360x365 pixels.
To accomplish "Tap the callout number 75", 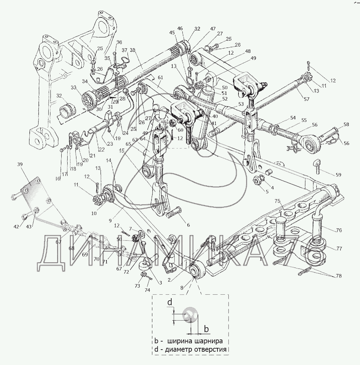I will point(277,202).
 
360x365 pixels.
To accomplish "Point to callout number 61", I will point(160,78).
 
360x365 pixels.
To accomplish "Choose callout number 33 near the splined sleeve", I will point(74,87).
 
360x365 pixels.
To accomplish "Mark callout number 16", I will point(58,178).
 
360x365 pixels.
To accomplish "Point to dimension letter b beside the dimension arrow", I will point(207,329).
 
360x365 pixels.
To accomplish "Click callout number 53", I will point(241,104).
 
